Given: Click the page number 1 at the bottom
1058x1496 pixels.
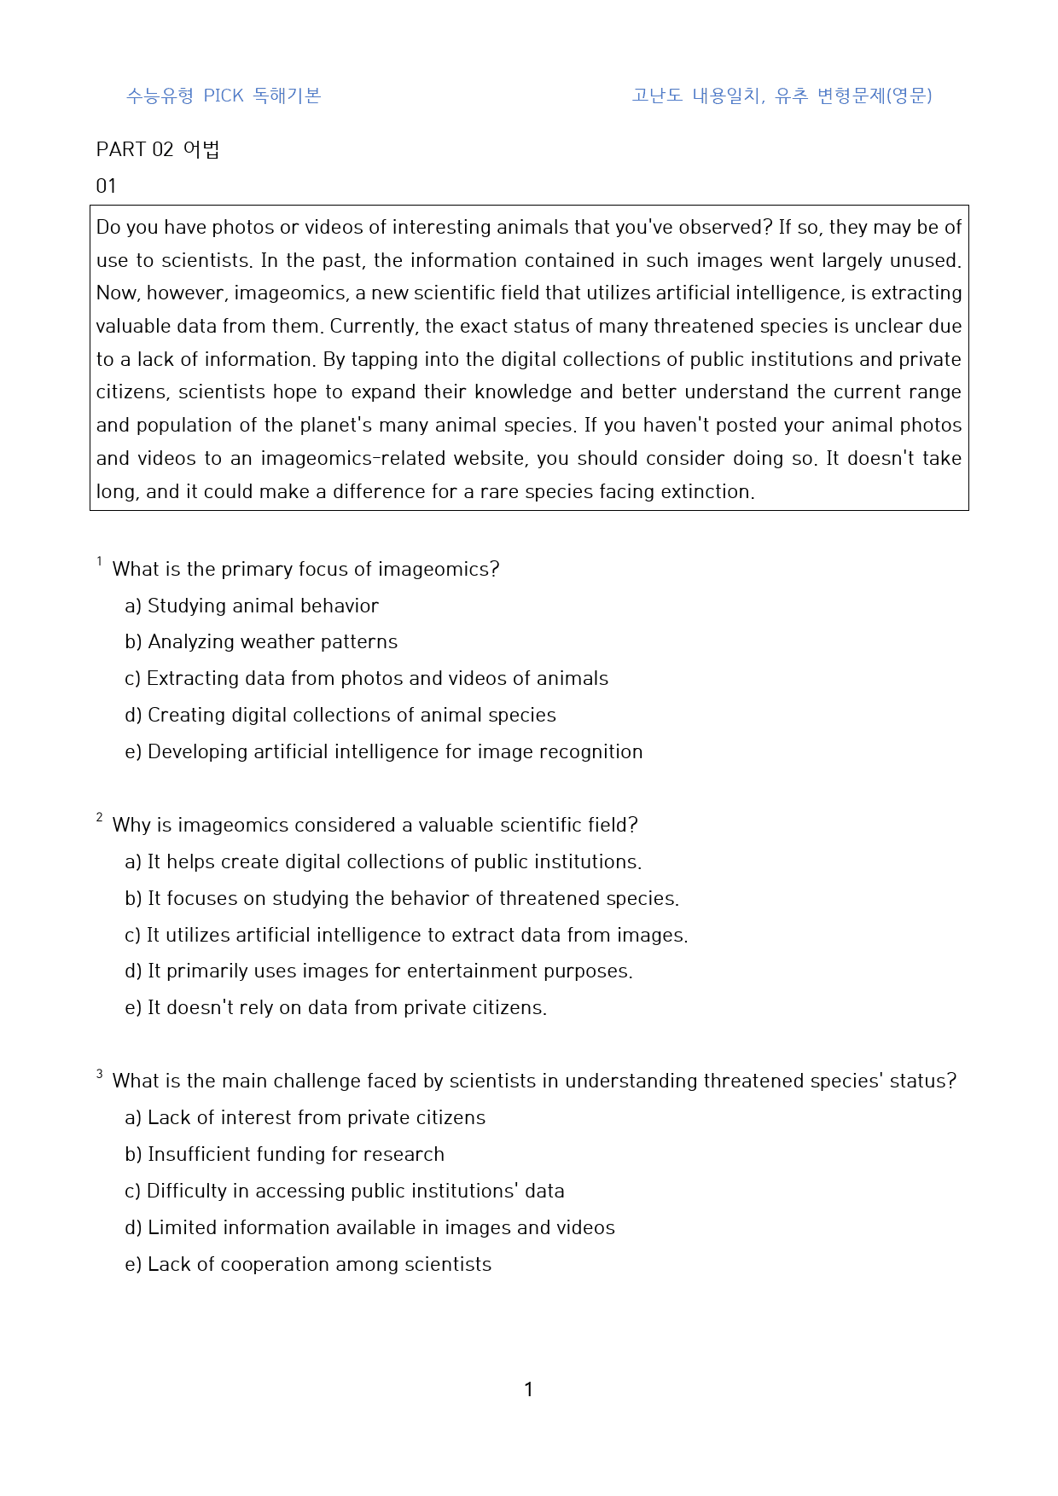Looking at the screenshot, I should pyautogui.click(x=528, y=1389).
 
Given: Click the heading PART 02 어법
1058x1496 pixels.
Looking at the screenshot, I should pyautogui.click(x=158, y=149).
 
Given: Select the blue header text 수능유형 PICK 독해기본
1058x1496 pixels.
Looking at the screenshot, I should pyautogui.click(x=224, y=96).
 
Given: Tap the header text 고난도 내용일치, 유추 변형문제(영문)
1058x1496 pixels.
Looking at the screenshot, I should pyautogui.click(x=782, y=96).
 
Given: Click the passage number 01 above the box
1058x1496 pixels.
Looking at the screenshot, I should pyautogui.click(x=106, y=186).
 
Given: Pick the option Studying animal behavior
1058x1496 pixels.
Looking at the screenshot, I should pyautogui.click(x=252, y=606).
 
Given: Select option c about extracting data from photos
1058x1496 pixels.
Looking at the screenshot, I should pyautogui.click(x=366, y=678).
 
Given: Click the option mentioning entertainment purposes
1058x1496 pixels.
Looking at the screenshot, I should pyautogui.click(x=379, y=971).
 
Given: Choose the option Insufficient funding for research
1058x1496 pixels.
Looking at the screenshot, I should pyautogui.click(x=285, y=1154).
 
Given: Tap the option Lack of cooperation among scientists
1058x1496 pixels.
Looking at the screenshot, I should pyautogui.click(x=308, y=1264).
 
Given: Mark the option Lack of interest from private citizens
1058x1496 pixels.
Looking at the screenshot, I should pyautogui.click(x=305, y=1117).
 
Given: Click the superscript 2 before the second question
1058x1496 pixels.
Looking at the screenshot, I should pyautogui.click(x=100, y=818).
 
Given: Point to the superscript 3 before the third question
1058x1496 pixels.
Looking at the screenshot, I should pyautogui.click(x=100, y=1074).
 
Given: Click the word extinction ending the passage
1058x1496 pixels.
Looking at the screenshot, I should pyautogui.click(x=712, y=491).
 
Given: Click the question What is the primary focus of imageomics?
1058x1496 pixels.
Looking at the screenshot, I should pyautogui.click(x=305, y=569).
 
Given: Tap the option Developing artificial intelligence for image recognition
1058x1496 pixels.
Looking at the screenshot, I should pyautogui.click(x=384, y=751).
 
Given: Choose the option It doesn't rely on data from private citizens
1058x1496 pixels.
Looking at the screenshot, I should pyautogui.click(x=336, y=1007).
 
